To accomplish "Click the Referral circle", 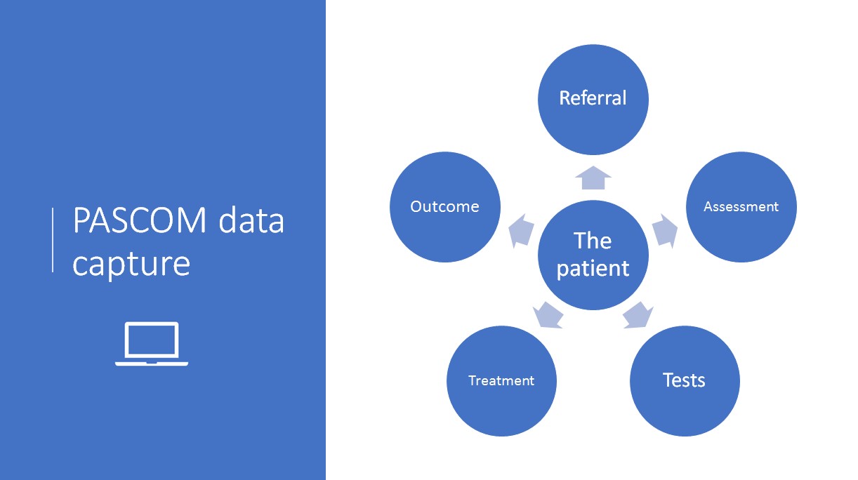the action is (593, 100).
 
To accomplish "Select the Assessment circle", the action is (741, 207).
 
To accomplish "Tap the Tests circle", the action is (685, 381).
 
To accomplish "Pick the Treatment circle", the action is (501, 381).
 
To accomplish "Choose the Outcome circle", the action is (444, 207).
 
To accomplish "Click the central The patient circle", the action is (593, 255).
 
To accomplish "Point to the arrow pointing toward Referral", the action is (593, 178).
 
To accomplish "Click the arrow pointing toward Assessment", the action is (665, 231).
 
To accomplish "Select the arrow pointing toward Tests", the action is (638, 315).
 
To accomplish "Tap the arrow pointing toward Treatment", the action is (548, 315).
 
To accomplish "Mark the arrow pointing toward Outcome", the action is (521, 231).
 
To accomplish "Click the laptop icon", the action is (152, 344).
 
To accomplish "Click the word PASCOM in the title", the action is (140, 220).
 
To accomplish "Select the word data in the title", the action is (251, 220).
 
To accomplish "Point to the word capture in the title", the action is (131, 265).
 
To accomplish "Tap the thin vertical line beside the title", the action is (53, 240).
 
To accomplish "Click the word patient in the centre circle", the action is (593, 269).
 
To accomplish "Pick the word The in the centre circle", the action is (593, 241).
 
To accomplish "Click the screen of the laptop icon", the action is (152, 340).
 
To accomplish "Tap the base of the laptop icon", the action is (152, 364).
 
